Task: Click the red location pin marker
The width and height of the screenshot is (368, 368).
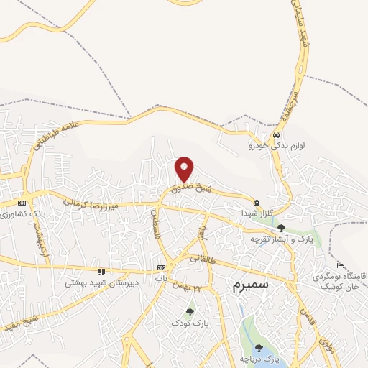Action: point(185,169)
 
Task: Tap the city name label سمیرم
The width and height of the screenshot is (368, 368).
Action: point(251,285)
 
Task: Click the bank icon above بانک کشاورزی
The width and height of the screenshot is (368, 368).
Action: point(22,203)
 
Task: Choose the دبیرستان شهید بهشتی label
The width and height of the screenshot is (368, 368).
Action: point(94,283)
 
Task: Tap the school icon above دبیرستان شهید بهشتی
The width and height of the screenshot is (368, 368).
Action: point(101,272)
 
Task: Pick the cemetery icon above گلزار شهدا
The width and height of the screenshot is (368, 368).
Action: point(257,203)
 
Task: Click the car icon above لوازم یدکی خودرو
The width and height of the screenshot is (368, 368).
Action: point(276,134)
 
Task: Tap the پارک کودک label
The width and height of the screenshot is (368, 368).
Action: point(190,323)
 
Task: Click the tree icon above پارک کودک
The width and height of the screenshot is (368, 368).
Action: point(190,312)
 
